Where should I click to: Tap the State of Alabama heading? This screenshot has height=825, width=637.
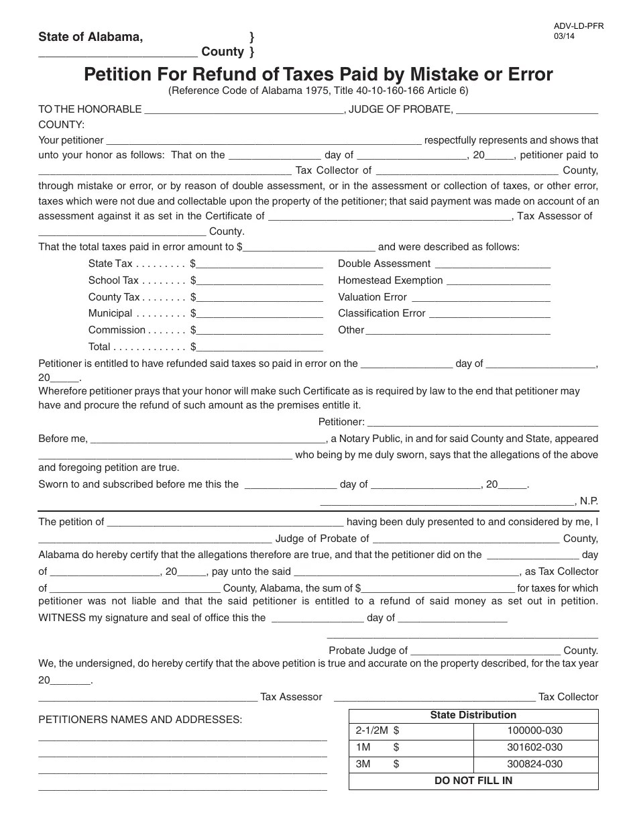coord(91,37)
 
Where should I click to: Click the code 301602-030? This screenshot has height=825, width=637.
coord(534,748)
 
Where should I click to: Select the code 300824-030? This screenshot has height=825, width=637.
coord(534,764)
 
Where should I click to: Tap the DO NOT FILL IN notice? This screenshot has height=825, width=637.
coord(473,781)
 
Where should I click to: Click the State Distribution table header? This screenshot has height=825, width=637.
coord(473,715)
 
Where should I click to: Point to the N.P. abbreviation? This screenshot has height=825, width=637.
coord(589,501)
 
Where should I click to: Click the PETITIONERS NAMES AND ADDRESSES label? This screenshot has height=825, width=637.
coord(140,720)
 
